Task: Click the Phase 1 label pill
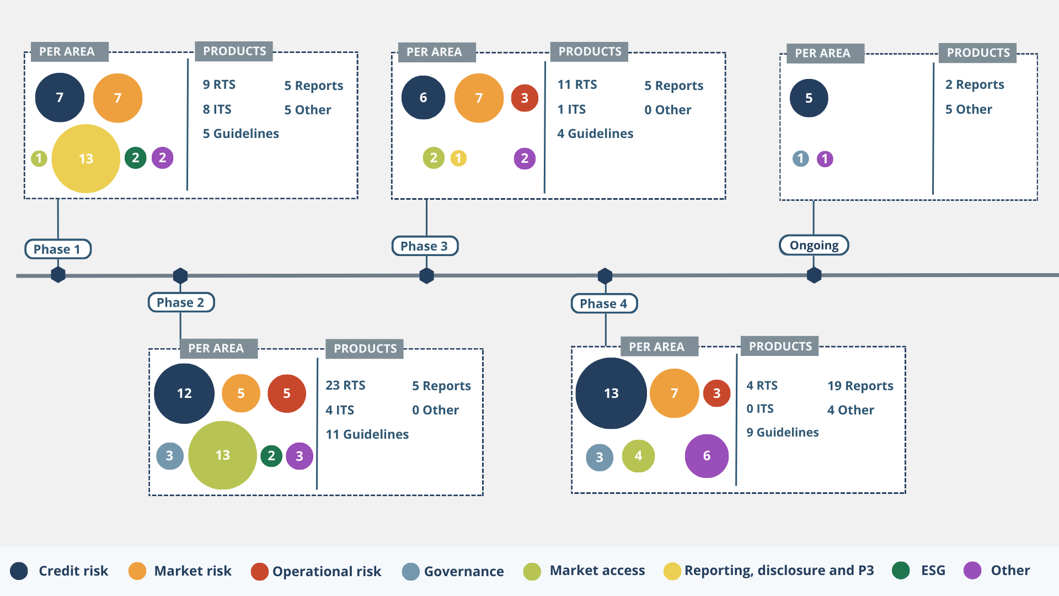tap(57, 249)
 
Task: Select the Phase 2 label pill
tap(181, 302)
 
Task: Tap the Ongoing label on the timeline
tap(814, 245)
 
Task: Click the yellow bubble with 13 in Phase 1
tap(86, 158)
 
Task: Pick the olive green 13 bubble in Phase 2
tap(222, 455)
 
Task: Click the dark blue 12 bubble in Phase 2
tap(184, 393)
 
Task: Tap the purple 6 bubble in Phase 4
tap(707, 456)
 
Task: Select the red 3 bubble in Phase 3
tap(525, 98)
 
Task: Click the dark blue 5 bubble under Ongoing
tap(809, 98)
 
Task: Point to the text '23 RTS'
tap(345, 385)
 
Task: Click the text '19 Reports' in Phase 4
tap(860, 386)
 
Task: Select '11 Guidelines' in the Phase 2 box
tap(367, 434)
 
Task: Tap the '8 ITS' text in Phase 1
tap(217, 109)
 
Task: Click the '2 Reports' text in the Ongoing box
tap(975, 84)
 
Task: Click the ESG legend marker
tap(901, 571)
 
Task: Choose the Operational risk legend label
tap(327, 571)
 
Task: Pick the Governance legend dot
tap(411, 571)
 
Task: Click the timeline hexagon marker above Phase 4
tap(605, 275)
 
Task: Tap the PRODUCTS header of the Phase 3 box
tap(590, 51)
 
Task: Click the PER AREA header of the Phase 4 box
tap(656, 347)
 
